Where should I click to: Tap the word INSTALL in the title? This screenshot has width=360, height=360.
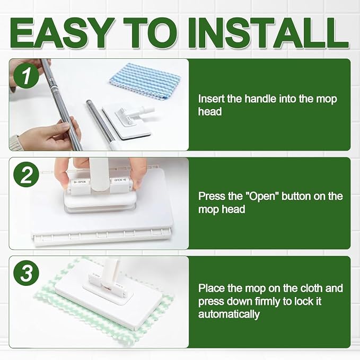click(x=269, y=33)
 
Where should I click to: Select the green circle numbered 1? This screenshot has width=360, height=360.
click(x=26, y=75)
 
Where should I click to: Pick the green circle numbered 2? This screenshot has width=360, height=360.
click(x=26, y=174)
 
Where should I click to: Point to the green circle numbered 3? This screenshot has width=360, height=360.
click(x=26, y=273)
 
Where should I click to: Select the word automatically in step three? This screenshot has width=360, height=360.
click(x=229, y=314)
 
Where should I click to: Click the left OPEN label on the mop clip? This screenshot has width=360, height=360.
click(x=80, y=182)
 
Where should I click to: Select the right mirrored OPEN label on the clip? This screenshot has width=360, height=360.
click(x=120, y=180)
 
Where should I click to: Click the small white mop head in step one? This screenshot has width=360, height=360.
click(x=128, y=119)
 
